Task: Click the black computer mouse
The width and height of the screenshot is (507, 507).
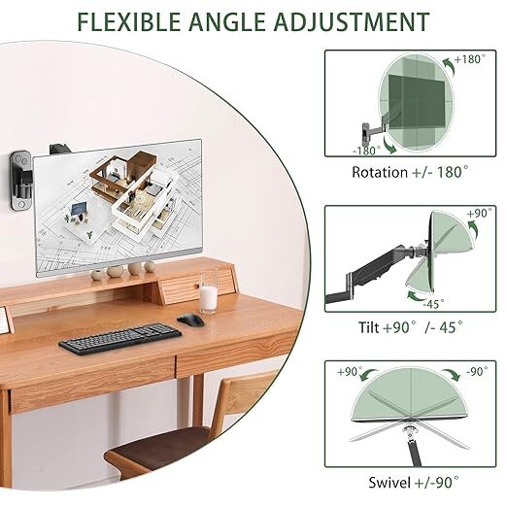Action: pos(189,320)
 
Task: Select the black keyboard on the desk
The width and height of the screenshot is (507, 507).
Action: pos(119,337)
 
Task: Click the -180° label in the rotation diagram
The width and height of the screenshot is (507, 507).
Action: pos(365,151)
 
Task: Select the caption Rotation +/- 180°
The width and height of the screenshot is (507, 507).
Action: pos(411,173)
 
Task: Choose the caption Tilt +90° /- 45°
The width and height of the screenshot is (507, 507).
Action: pos(410,329)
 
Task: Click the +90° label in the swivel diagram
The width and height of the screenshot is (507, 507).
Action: pos(350,371)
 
